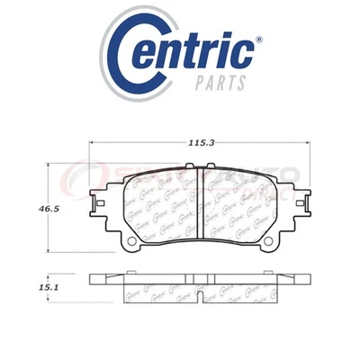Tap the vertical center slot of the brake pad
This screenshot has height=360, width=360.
pyautogui.click(x=203, y=202)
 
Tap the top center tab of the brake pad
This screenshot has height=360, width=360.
pyautogui.click(x=203, y=166)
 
